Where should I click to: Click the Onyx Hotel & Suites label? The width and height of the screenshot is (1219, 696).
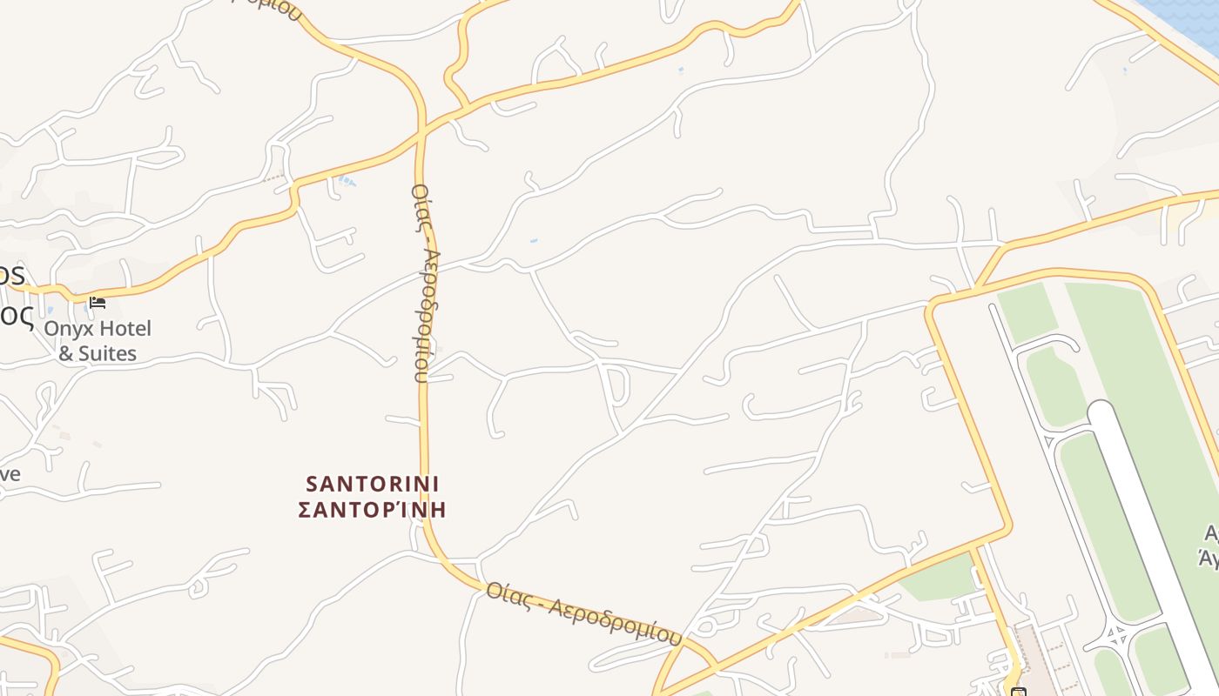pos(98,341)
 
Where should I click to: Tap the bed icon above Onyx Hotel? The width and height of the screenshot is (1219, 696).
pos(98,303)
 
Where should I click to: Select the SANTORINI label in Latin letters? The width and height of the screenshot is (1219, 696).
pos(373,484)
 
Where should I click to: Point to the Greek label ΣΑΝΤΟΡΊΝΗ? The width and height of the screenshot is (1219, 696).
pos(373,509)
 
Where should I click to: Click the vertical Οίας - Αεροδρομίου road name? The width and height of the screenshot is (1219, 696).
pos(423,283)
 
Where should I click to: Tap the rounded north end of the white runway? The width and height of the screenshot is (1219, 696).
pos(1101,412)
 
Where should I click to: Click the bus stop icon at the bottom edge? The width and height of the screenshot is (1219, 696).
pos(1018,692)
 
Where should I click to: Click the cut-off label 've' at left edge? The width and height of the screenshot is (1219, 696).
pos(10,474)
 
